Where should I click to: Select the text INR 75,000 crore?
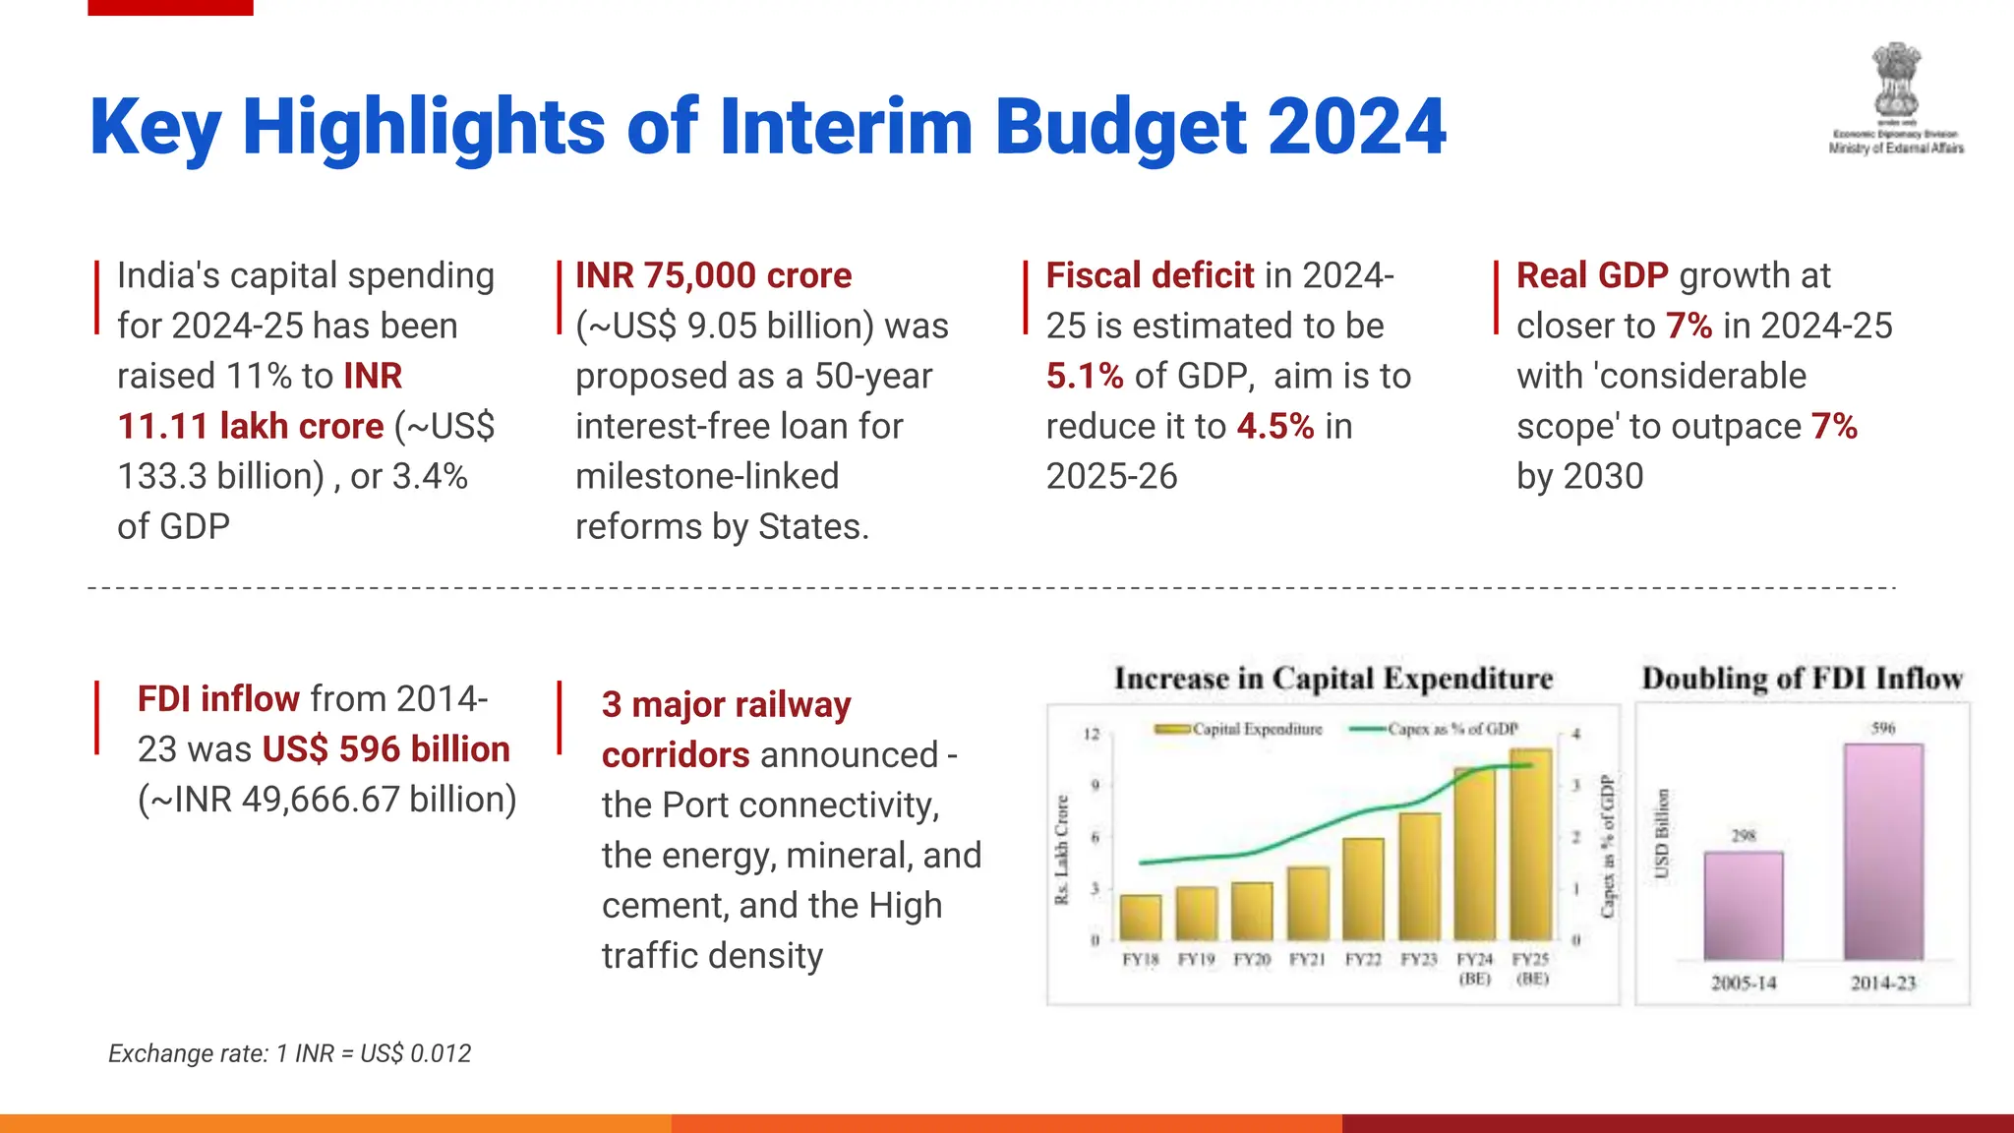(713, 275)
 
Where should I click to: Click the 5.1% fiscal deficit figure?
(1084, 376)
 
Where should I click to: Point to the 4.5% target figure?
(1274, 426)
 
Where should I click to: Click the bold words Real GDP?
(1591, 275)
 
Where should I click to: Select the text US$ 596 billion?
(385, 748)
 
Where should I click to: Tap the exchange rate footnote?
(289, 1053)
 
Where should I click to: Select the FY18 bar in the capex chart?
(1140, 917)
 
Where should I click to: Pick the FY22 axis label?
(1363, 959)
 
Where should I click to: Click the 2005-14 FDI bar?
(1743, 905)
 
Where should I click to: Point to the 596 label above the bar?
(1882, 728)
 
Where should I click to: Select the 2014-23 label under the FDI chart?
(1882, 983)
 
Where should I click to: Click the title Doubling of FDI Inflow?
(1802, 679)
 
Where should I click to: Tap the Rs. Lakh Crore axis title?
(1061, 849)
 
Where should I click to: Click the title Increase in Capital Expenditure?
(1333, 679)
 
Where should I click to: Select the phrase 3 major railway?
(726, 704)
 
